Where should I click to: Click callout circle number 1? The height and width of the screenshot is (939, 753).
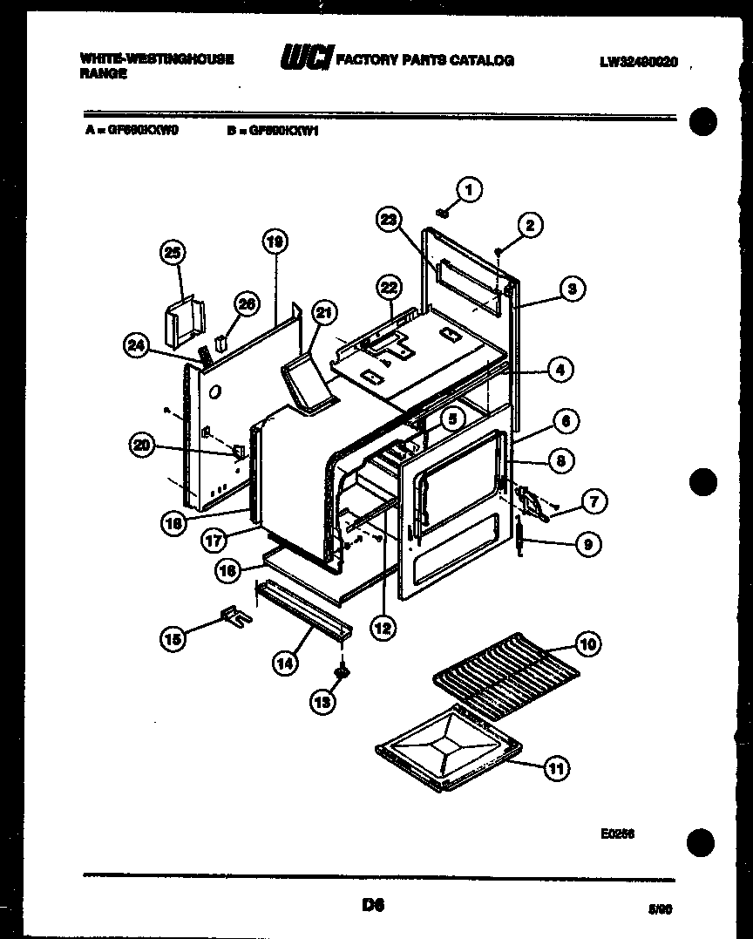[x=469, y=189]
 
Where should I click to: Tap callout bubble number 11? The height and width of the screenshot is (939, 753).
[x=555, y=768]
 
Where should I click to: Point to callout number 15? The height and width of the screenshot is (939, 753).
[x=173, y=639]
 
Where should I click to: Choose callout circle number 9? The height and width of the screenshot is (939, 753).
[x=587, y=545]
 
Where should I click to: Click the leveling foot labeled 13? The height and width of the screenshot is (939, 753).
[x=343, y=673]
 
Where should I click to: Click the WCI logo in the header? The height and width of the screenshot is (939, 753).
[x=305, y=58]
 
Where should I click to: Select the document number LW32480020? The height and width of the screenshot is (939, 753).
[x=638, y=62]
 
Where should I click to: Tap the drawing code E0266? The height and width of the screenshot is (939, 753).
[x=617, y=834]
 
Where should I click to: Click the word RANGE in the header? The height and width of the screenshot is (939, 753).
[x=104, y=74]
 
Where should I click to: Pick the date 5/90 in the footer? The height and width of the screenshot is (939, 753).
[x=661, y=908]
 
